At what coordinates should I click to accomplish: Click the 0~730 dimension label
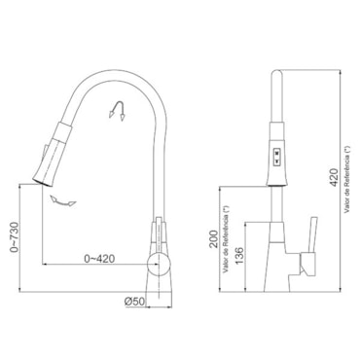coord(15,237)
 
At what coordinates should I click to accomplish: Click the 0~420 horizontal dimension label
coord(99,259)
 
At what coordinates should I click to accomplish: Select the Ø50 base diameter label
coord(134,302)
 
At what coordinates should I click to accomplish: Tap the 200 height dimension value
coord(213,239)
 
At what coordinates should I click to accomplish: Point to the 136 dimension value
coord(238,256)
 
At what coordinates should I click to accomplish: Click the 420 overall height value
coord(334,177)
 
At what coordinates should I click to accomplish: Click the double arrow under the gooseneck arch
coord(118,111)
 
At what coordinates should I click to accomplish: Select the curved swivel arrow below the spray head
coord(62,201)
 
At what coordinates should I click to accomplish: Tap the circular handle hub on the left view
coord(159,265)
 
